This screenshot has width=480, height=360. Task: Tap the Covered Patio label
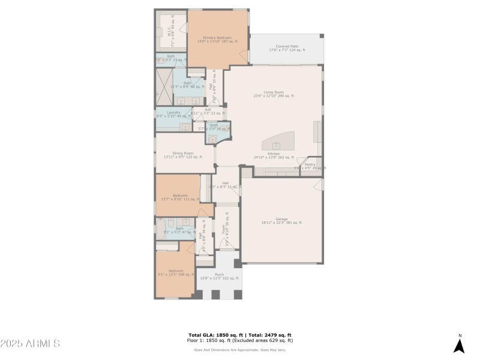pos(287,48)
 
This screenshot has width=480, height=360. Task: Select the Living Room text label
pos(274,94)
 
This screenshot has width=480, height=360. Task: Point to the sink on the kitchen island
pos(277,145)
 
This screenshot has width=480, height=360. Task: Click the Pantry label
pos(310,166)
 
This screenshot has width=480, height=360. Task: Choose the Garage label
pos(281,220)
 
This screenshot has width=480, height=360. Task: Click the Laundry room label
pos(173,114)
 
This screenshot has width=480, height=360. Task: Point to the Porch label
pos(219,276)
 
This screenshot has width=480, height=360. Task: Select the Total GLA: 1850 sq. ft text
pos(214,335)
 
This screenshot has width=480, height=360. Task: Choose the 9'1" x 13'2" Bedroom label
pos(176,272)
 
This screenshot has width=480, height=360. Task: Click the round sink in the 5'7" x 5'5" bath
pos(212,139)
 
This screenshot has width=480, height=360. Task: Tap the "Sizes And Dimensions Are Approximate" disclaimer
pos(240,350)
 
